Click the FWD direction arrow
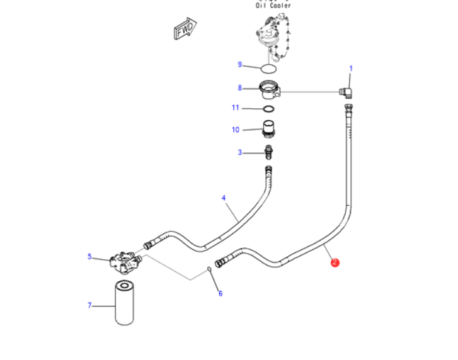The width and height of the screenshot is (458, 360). [x=185, y=29]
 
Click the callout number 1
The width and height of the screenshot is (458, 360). [x=351, y=69]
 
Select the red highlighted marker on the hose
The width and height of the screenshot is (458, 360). [x=335, y=262]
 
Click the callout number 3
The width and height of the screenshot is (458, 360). [x=239, y=152]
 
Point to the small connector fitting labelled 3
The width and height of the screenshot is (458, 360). [x=269, y=152]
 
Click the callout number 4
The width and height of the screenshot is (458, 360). [x=223, y=198]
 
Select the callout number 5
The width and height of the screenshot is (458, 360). [x=89, y=256]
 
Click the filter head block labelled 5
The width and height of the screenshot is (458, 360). [x=123, y=261]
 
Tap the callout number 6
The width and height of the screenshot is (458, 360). [x=220, y=293]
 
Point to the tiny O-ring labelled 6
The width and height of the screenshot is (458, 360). [x=209, y=271]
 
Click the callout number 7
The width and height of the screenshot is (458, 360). [x=89, y=305]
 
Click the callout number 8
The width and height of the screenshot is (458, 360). [x=239, y=88]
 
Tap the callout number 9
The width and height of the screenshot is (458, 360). [x=239, y=64]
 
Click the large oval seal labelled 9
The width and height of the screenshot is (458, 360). [x=269, y=67]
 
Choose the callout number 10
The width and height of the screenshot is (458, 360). [x=236, y=130]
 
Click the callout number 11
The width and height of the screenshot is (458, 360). [x=236, y=108]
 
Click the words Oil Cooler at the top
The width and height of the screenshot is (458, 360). [x=273, y=6]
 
